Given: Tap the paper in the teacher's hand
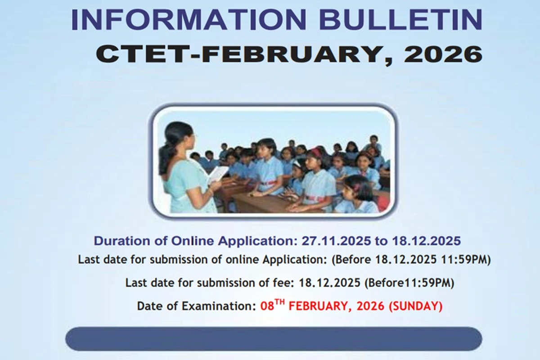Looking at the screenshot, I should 218,174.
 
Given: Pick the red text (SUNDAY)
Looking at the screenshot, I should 415,306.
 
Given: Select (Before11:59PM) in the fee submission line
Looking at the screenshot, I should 409,283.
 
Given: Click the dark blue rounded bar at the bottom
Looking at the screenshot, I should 274,339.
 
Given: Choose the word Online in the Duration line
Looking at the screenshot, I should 193,241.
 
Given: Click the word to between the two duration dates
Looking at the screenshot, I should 381,241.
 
